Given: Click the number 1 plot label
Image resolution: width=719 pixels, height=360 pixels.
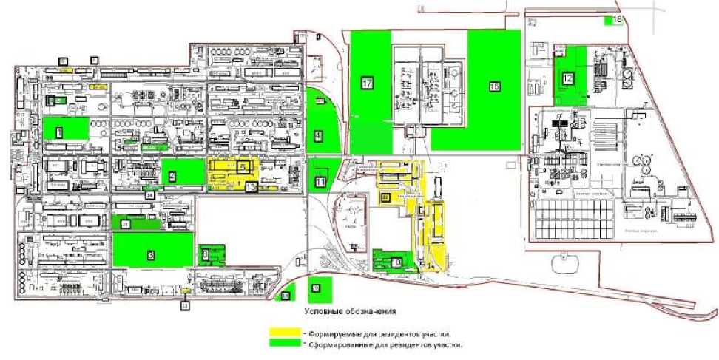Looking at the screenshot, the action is point(58,132).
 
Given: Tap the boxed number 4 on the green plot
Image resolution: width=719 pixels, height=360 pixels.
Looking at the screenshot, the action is point(317,136).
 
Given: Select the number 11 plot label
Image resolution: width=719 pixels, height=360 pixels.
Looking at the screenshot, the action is point(320,181).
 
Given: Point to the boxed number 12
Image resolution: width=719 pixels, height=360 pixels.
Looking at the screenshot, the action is point(567,78).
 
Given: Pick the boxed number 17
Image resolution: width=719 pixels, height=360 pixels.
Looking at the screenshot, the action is point(367,83).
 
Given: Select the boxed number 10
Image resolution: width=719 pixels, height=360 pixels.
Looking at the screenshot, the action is point(396,262).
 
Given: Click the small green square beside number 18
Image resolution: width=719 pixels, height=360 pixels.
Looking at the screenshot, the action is point(608,21).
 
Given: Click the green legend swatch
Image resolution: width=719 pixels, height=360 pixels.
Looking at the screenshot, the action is point(287,344).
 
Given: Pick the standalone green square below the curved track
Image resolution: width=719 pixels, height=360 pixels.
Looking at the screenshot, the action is point(316,288).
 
